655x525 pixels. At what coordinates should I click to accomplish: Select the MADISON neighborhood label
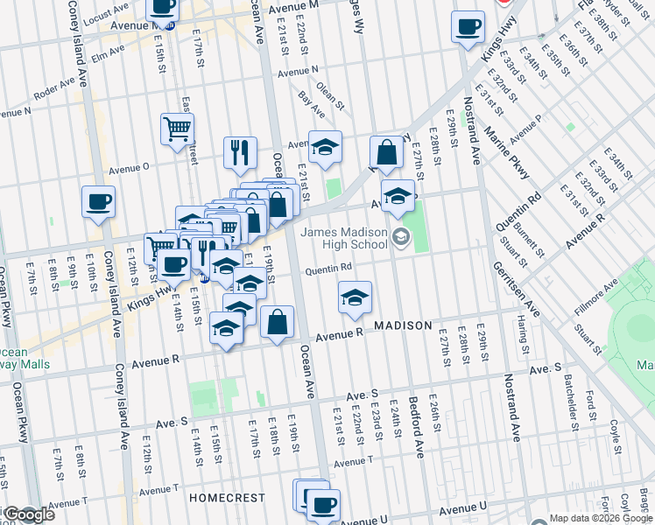tap(404, 325)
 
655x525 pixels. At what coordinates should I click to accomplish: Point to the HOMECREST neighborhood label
tap(227, 498)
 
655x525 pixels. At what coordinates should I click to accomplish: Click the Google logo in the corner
tap(28, 515)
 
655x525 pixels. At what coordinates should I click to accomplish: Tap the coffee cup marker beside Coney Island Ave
tap(98, 202)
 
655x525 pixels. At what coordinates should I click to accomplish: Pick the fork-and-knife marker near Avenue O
tap(239, 152)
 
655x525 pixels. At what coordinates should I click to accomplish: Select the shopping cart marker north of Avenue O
tap(177, 129)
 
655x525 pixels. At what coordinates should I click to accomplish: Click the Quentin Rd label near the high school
tap(328, 269)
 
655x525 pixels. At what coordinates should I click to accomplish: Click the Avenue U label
tap(463, 508)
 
